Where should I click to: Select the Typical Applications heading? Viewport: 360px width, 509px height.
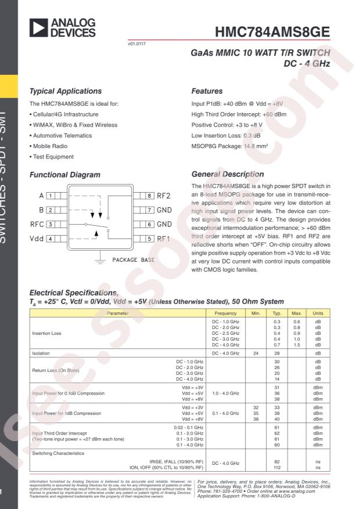point(67,91)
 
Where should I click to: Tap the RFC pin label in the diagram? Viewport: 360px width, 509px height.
point(35,223)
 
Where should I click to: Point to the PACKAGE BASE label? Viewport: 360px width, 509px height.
point(133,260)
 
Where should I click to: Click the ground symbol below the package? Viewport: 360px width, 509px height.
point(103,261)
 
